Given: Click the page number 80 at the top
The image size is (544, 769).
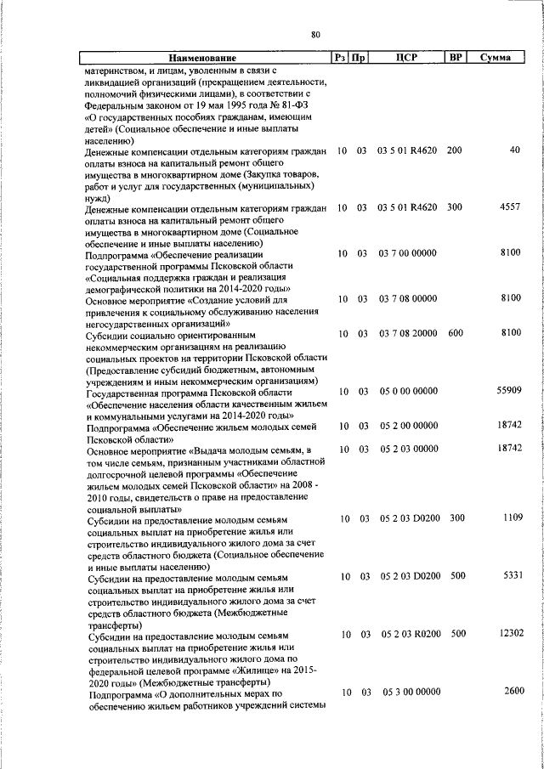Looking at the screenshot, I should tap(315, 35).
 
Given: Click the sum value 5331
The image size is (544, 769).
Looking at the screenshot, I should tap(510, 575).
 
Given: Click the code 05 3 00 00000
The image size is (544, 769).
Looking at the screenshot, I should tap(411, 693).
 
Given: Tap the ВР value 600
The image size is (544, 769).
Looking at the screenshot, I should tap(455, 334).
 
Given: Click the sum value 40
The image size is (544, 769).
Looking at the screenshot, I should tap(514, 150).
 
